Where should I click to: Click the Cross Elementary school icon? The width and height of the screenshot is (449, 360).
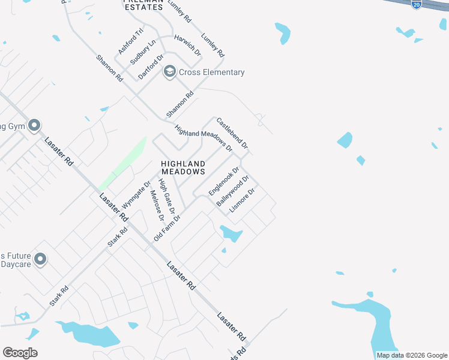170,72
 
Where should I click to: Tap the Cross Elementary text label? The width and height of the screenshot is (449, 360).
212,73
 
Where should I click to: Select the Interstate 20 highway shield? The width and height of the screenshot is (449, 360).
417,4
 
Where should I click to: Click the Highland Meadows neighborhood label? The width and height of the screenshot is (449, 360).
183,167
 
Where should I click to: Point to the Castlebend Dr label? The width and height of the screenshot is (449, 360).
232,133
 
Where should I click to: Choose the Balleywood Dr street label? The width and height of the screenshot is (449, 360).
233,191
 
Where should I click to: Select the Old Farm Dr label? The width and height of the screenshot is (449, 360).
167,228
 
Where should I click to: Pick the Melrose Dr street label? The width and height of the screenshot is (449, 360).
157,205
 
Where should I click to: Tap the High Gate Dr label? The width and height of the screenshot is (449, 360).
166,196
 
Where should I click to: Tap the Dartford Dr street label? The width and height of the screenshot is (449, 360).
151,67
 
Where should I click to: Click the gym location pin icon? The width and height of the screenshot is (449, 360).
34,125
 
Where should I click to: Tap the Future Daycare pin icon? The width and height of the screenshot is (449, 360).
40,259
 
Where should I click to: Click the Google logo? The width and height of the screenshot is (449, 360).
20,353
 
